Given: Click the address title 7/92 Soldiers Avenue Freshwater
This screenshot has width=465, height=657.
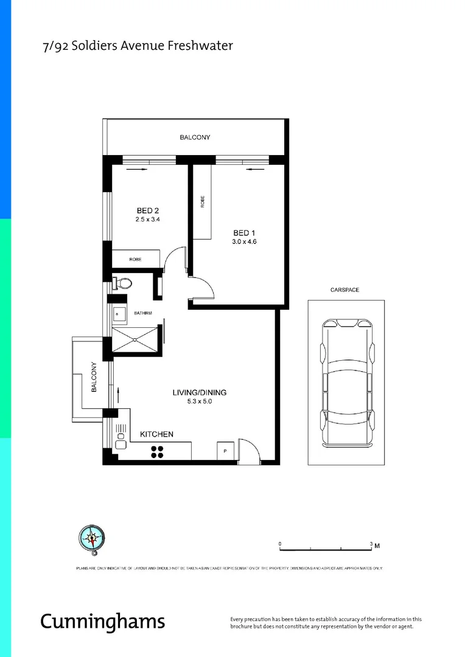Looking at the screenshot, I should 137,46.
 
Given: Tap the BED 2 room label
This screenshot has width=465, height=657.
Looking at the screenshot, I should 148,210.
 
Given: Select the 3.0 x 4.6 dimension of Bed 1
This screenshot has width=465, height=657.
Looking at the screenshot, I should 245,242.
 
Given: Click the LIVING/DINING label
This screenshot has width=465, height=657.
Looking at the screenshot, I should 199,392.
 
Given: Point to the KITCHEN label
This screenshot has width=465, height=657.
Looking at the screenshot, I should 157,434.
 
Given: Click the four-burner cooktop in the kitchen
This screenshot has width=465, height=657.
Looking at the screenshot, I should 157,451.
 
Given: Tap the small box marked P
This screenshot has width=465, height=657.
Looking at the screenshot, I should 225,451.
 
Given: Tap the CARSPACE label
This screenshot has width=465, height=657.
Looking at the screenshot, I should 346,290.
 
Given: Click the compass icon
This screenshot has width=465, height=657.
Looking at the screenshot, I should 91,538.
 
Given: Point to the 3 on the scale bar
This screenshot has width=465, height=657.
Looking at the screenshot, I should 371,542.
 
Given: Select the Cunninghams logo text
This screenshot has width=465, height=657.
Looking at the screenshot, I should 102,620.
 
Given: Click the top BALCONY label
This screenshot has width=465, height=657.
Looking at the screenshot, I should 195,137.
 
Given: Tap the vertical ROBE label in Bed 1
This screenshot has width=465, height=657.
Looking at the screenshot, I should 203,201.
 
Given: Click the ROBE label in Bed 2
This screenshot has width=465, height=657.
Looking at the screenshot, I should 135,259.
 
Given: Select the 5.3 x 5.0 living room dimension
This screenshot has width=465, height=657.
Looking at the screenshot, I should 199,401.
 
